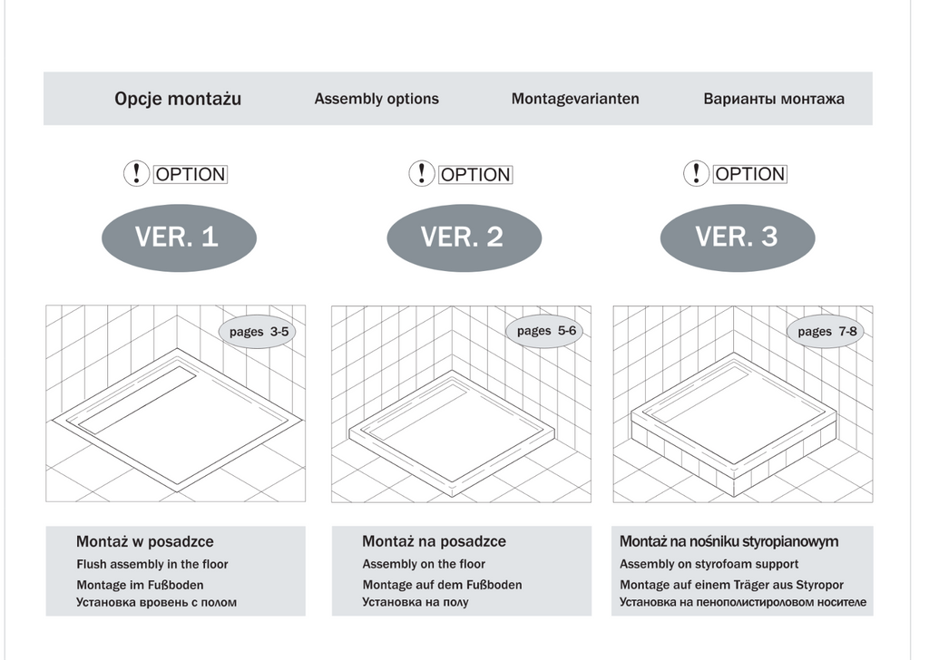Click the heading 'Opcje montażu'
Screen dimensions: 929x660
[x=178, y=99]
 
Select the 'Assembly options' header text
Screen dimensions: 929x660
[x=376, y=99]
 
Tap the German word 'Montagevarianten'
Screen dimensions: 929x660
[x=575, y=99]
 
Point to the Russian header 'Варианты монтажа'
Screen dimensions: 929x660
[x=774, y=99]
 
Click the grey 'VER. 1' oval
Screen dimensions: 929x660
[x=179, y=238]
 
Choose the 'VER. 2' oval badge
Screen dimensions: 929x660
[x=464, y=238]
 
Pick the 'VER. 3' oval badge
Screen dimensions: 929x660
[x=738, y=237]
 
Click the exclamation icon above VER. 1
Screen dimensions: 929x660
[x=136, y=173]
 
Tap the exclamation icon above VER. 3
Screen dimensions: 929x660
[x=696, y=173]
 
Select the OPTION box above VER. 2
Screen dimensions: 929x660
[x=475, y=175]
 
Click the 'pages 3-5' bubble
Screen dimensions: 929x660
[x=258, y=332]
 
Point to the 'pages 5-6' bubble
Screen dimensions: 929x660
[x=545, y=331]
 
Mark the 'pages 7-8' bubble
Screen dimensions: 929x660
[x=826, y=332]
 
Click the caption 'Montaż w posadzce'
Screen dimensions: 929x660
[x=144, y=541]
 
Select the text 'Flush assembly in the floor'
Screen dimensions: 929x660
[x=152, y=564]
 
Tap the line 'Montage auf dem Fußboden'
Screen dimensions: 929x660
[x=442, y=585]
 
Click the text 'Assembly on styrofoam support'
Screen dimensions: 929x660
[x=709, y=564]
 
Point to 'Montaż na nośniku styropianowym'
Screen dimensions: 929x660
[x=729, y=541]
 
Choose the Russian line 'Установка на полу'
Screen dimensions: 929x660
[x=416, y=603]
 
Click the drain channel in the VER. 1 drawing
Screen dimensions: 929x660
[x=138, y=400]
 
